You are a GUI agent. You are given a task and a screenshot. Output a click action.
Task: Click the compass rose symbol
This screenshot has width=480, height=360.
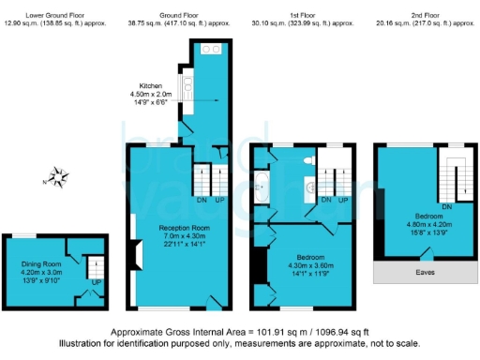click(58, 175)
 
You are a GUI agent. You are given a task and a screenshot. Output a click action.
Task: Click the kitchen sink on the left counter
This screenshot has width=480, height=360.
click(188, 87)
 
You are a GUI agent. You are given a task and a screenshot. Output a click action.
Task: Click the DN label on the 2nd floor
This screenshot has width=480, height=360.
click(446, 206)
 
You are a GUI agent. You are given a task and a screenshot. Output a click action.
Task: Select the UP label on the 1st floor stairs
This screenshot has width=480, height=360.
click(343, 200)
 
